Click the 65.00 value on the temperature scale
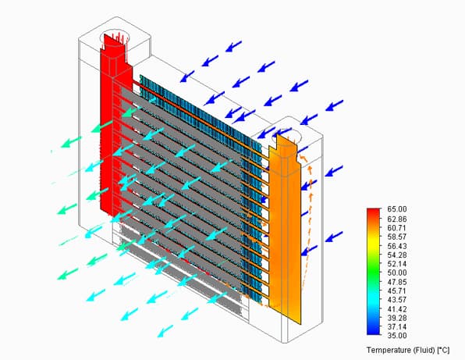point(397,209)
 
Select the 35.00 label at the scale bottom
point(397,336)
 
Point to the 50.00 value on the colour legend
point(397,273)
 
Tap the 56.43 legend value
point(397,246)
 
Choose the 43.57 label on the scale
point(397,300)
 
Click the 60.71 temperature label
point(397,228)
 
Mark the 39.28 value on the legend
point(397,318)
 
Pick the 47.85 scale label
point(397,282)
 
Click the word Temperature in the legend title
point(389,350)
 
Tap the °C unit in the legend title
point(444,350)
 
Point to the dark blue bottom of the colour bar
point(374,332)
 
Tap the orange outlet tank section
point(285,229)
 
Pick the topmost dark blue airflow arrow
point(234,46)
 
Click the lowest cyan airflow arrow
point(165,331)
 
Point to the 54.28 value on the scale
point(397,255)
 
